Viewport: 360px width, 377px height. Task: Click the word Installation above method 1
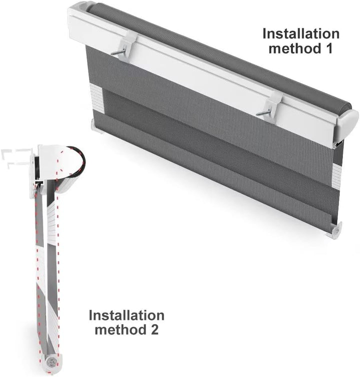point(301,34)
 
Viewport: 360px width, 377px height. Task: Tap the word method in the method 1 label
point(293,49)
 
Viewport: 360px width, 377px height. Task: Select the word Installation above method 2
point(126,315)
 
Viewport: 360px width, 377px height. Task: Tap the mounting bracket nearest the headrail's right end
point(270,106)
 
